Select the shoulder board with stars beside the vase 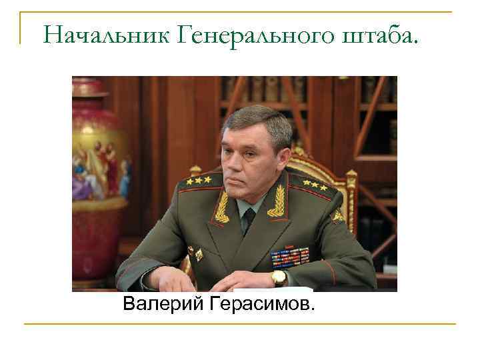click(199, 180)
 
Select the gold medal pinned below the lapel click(198, 253)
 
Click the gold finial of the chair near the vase click(195, 169)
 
